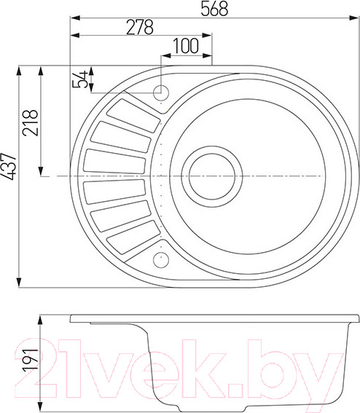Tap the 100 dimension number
186,45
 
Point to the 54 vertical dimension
82,79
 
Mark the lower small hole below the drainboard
160,259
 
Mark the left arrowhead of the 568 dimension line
73,15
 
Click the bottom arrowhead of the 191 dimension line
40,399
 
